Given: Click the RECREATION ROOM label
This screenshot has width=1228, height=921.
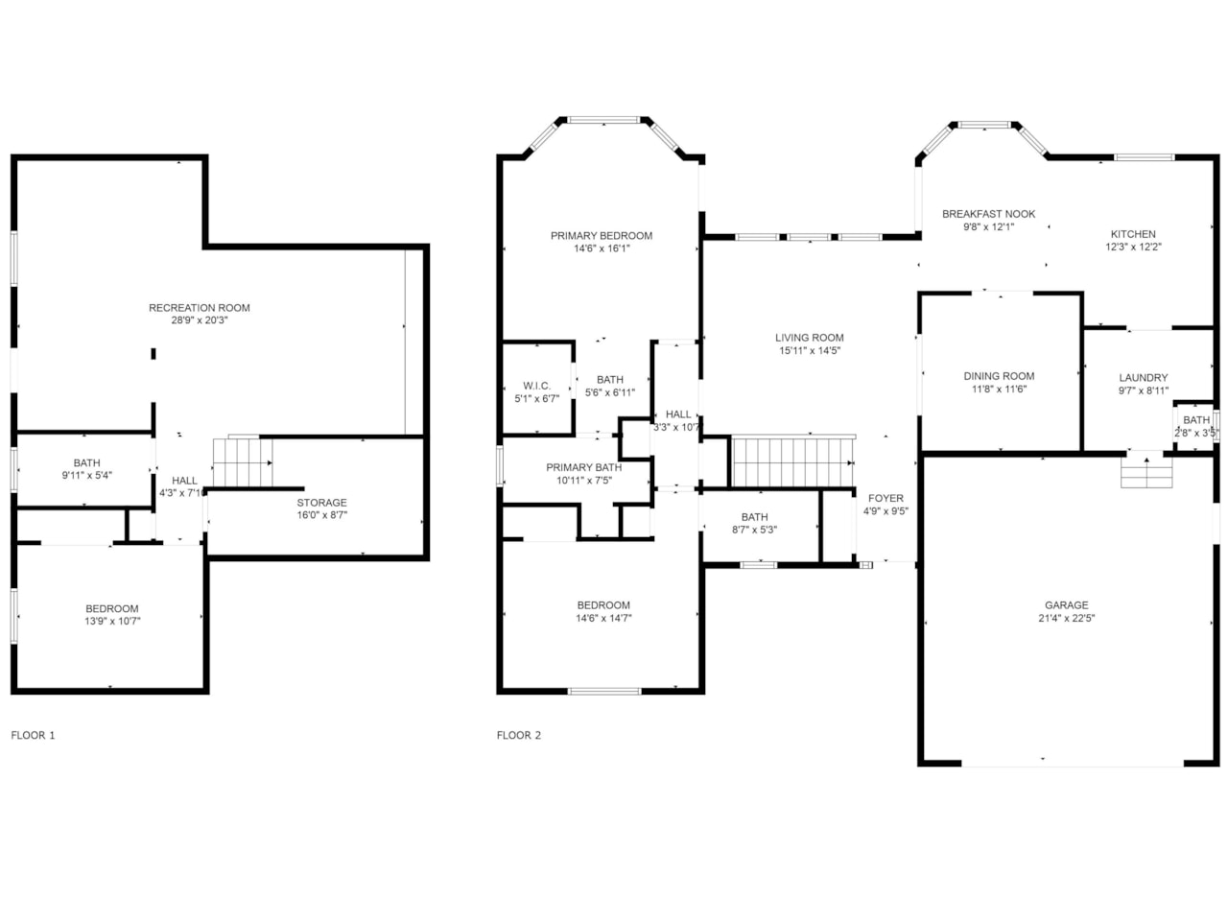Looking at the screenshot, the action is [200, 308].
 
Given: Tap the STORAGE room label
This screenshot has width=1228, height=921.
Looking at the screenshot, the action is [321, 502].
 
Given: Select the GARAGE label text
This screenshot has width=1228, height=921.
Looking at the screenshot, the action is [1066, 605].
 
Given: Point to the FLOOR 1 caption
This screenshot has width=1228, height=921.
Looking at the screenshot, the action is [33, 735].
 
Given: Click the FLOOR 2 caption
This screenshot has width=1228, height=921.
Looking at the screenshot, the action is [519, 735].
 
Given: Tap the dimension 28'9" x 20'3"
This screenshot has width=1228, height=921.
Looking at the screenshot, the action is [200, 320].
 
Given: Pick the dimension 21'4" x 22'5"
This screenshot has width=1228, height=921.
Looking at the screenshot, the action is [1066, 618].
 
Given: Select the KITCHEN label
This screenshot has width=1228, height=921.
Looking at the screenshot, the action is [1133, 234].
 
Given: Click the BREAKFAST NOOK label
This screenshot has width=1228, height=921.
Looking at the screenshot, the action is [988, 214].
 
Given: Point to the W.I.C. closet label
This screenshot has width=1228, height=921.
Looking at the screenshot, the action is [536, 386].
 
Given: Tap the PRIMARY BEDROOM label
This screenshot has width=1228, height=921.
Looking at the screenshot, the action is [602, 236].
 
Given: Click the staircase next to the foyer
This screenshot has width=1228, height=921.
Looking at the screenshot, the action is [793, 461].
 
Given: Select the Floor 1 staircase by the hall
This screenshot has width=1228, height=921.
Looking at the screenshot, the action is [243, 463].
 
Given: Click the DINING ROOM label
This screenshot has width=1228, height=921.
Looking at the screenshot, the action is [999, 376].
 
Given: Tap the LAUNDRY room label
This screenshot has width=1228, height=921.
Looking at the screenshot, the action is [1143, 378].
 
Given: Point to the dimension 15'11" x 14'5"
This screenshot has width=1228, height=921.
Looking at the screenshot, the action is [810, 350].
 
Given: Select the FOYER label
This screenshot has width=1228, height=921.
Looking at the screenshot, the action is [886, 498].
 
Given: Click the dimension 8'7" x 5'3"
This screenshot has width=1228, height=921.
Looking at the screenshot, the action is [754, 530].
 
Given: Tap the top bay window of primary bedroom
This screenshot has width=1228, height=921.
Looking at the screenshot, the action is [603, 120].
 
